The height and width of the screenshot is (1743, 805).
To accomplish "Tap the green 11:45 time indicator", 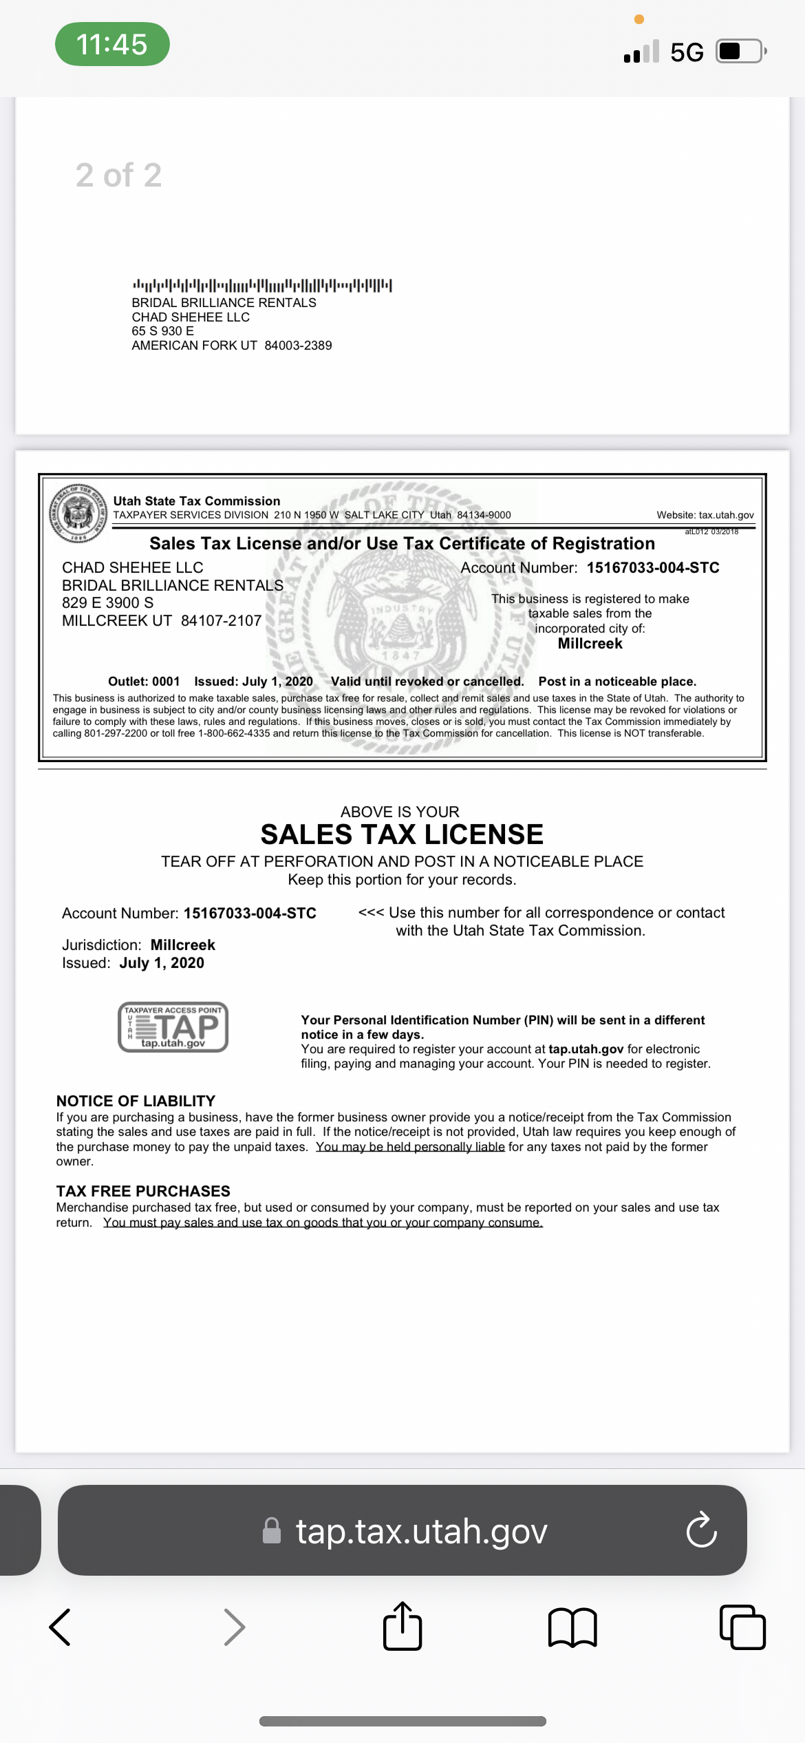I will (112, 44).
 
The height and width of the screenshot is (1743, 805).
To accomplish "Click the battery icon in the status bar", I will (740, 52).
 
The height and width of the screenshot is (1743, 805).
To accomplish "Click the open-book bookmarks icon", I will (572, 1627).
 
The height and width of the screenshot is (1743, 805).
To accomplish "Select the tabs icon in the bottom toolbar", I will (742, 1627).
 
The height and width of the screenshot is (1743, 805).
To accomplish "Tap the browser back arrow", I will (61, 1627).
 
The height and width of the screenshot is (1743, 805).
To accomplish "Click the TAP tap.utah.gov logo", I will (173, 1027).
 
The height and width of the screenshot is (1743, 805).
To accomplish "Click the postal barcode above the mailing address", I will (262, 285).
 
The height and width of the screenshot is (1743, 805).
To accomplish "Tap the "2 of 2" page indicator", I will (118, 175).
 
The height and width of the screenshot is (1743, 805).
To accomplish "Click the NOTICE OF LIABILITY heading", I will (136, 1101).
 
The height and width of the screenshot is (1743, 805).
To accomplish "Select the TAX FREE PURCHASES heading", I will (143, 1191).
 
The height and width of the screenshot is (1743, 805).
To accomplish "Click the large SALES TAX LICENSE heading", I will (402, 834).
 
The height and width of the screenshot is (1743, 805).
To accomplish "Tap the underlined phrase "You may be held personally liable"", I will (410, 1147).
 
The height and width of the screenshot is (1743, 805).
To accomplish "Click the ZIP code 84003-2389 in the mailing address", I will (298, 346).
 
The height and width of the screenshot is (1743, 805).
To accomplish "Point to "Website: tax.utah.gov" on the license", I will (705, 515).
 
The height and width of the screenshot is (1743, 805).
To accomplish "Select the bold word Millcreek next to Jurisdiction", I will (182, 944).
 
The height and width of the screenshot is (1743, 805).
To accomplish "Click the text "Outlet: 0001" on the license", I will (144, 682).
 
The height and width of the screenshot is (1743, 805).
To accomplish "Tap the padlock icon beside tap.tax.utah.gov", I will (272, 1530).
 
